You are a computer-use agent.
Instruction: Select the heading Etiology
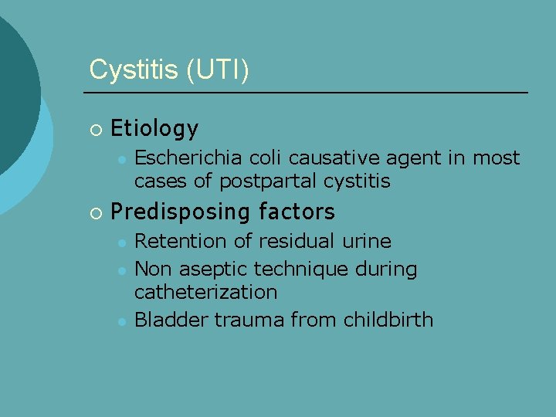coord(154,128)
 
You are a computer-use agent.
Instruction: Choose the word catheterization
coord(205,293)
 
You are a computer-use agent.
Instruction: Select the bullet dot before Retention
coord(121,242)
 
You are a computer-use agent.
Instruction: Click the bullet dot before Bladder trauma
coord(121,321)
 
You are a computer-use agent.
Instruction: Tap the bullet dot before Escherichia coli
coord(121,160)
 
